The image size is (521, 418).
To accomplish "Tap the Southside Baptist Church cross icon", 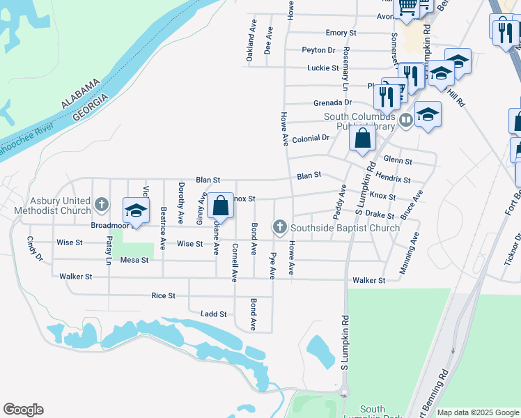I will point(280,226).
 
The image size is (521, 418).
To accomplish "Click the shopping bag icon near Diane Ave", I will point(220,206).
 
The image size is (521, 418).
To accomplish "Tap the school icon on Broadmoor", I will point(137,211).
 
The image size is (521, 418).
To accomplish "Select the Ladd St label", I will point(213,314).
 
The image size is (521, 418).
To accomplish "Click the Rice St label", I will point(163,295).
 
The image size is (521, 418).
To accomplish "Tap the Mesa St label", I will point(134,260).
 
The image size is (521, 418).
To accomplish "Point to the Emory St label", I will point(341,33).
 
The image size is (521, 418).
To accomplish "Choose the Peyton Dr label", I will point(318,50).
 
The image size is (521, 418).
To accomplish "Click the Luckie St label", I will point(322,68).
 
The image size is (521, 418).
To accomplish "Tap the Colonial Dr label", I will point(311,138).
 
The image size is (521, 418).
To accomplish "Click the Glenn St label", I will point(398,161).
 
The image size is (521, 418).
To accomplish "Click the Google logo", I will point(23,410).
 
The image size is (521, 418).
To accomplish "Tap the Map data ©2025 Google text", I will point(477,412).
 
